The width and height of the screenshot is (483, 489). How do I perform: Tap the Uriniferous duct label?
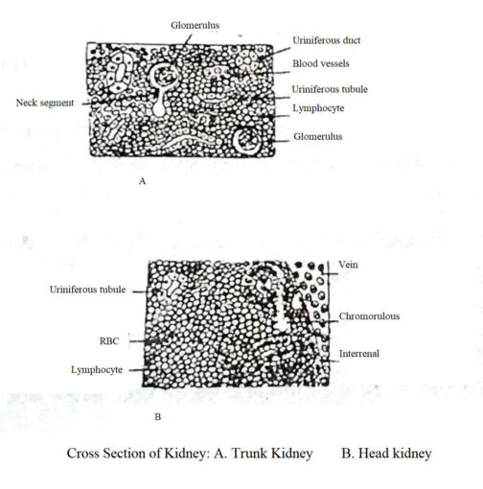(327, 41)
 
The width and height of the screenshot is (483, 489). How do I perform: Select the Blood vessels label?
(322, 64)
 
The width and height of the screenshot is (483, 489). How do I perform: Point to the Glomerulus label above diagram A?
(195, 23)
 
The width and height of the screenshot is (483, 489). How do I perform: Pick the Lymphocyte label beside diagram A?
(318, 108)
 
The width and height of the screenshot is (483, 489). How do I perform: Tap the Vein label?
(349, 264)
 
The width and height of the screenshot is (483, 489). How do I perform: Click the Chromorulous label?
(368, 315)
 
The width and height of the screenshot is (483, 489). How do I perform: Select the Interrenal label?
(360, 353)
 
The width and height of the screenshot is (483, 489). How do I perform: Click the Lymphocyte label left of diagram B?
(98, 368)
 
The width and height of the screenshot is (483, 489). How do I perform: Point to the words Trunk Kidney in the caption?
(277, 453)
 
